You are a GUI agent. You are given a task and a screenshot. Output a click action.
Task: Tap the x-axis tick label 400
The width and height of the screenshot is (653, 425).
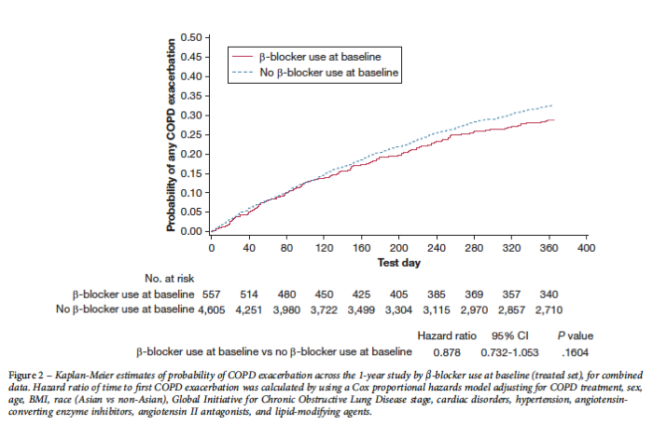(587, 249)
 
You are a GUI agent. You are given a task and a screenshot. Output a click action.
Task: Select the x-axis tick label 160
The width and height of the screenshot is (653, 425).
(361, 249)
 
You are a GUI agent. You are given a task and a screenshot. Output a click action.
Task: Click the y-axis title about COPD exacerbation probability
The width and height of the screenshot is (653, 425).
(173, 134)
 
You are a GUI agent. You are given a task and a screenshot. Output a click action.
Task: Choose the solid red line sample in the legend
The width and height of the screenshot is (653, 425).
(243, 56)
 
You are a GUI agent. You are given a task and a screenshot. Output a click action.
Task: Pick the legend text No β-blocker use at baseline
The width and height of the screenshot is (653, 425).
(328, 71)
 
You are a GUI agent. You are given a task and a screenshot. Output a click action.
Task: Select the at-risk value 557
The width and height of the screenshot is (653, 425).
(212, 294)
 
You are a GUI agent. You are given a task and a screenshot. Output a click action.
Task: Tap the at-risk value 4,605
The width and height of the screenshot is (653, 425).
(212, 308)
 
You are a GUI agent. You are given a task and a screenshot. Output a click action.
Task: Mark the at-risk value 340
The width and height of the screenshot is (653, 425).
(549, 294)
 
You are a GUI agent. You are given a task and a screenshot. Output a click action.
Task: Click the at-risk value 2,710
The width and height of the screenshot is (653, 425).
(549, 308)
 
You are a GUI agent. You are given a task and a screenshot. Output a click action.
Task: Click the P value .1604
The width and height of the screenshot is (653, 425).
(575, 351)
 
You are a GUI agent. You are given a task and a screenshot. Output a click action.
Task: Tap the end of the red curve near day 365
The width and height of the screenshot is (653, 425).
(554, 119)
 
